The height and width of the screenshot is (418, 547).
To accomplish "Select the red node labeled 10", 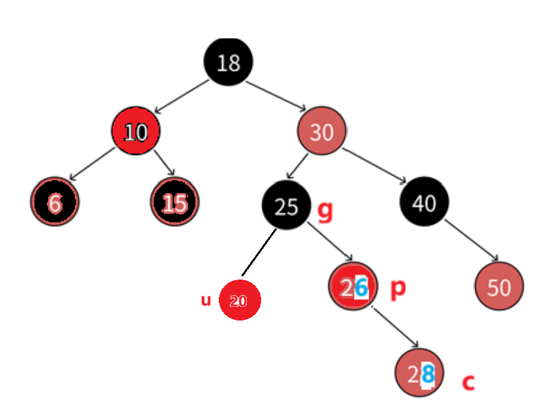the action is coord(135,132).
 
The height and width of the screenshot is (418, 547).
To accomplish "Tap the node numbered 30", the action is coord(322,132).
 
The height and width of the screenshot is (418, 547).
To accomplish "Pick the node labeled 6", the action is coord(55,203).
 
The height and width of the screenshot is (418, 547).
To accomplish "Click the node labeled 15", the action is coord(175,203).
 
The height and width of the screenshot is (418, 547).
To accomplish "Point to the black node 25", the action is coord(286,206).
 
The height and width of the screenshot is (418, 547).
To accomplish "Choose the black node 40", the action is coord(425,203).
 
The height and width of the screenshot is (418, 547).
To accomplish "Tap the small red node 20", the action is coord(240,300).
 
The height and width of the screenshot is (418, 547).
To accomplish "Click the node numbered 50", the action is coord(499,287).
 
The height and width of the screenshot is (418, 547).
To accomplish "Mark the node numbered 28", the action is coord(420,372).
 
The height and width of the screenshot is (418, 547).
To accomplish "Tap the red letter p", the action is coord(398,288).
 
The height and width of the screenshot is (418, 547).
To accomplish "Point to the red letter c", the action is coord(468,382).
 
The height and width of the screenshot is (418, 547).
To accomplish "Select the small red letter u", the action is coord(206,300).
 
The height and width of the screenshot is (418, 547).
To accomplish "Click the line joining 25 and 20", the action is coord(259,252).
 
